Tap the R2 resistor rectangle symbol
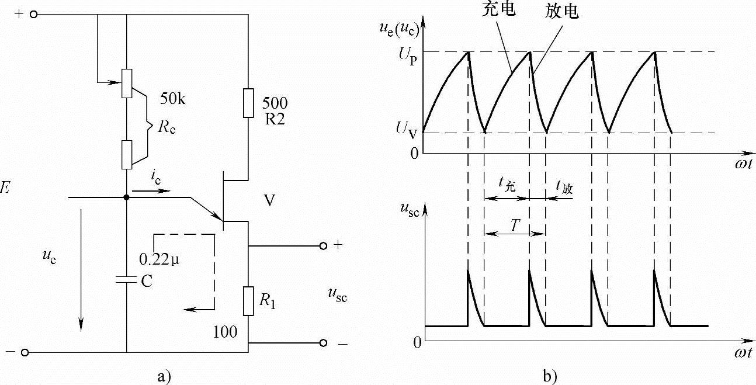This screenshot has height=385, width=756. pos(248,101)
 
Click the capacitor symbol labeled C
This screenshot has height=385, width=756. pos(126,281)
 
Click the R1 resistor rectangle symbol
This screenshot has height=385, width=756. pos(248,300)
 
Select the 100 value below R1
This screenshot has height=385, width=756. pos(225,332)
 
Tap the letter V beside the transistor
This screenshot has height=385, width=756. pos(269,201)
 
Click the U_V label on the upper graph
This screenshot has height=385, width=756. pos(408,134)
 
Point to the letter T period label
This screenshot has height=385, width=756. pos(514,226)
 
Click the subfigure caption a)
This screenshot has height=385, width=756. pos(164,376)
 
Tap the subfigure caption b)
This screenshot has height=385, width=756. pos(550,376)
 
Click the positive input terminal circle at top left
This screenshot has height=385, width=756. pos(33,14)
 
